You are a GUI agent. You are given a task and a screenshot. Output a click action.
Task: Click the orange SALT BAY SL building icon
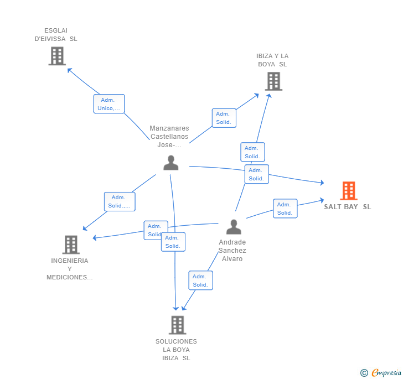[x=348, y=191]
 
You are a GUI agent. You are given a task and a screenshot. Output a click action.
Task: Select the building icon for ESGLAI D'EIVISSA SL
[x=57, y=56]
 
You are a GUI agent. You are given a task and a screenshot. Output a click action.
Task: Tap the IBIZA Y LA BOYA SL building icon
[x=273, y=81]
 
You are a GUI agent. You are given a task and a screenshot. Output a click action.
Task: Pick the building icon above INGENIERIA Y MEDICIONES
[x=71, y=245]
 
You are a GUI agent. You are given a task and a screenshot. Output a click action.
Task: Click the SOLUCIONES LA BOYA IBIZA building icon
[x=177, y=325]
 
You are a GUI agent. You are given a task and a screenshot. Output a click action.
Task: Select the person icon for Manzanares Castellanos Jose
[x=171, y=163]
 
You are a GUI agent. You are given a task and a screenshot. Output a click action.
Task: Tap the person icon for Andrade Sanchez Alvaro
[x=234, y=227]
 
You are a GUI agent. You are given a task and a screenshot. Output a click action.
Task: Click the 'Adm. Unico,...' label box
[x=109, y=104]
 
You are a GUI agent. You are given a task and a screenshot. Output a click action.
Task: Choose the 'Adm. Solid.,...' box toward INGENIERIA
[x=120, y=201]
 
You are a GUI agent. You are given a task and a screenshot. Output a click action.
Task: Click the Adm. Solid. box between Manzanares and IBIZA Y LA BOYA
[x=224, y=118]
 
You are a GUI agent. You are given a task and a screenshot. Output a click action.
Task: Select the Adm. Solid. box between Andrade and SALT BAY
[x=285, y=209]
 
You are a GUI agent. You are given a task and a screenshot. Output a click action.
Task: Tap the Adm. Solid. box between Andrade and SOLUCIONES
[x=200, y=281]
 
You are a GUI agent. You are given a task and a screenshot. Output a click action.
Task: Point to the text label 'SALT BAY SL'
[x=348, y=207]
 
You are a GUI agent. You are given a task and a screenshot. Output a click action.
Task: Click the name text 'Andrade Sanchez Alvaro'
[x=232, y=251]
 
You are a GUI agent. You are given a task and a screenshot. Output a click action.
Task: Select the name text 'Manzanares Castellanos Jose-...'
[x=169, y=137]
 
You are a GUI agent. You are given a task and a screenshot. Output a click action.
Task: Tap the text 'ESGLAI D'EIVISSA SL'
[x=56, y=35]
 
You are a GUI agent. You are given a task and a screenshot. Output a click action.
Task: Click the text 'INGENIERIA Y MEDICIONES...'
[x=70, y=269]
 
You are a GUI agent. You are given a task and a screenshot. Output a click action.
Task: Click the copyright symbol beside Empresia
[x=364, y=373]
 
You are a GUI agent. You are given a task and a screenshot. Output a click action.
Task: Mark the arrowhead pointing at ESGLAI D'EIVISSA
[x=69, y=70]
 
